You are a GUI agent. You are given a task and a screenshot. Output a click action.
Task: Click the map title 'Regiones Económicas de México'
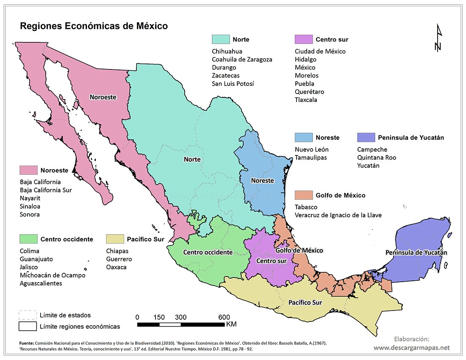[94, 26]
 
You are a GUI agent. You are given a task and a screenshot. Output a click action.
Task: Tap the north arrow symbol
[439, 38]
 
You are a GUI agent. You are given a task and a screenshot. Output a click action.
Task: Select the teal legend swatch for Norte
[220, 39]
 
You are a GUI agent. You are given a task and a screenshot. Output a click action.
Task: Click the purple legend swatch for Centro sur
[303, 39]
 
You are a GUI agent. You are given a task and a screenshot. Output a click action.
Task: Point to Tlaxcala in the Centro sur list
[306, 100]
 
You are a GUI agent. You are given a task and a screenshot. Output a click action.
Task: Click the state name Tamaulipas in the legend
[311, 158]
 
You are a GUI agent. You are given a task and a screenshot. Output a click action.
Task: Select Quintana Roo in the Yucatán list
[377, 158]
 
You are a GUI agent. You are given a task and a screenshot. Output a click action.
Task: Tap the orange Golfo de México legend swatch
[303, 195]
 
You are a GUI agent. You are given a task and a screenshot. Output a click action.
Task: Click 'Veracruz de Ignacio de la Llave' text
[338, 215]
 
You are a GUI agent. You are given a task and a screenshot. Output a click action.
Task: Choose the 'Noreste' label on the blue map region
[262, 180]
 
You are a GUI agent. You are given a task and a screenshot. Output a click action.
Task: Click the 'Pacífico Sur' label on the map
[305, 303]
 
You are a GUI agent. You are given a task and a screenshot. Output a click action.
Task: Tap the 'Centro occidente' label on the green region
[208, 252]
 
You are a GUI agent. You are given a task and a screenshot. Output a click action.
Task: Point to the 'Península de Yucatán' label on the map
[416, 252]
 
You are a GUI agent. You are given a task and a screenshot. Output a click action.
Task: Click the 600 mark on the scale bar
[224, 317]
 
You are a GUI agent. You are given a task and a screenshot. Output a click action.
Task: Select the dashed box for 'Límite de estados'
[27, 315]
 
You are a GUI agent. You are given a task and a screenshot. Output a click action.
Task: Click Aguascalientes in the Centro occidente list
[41, 283]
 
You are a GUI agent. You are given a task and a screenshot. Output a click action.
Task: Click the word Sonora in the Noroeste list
[30, 214]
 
